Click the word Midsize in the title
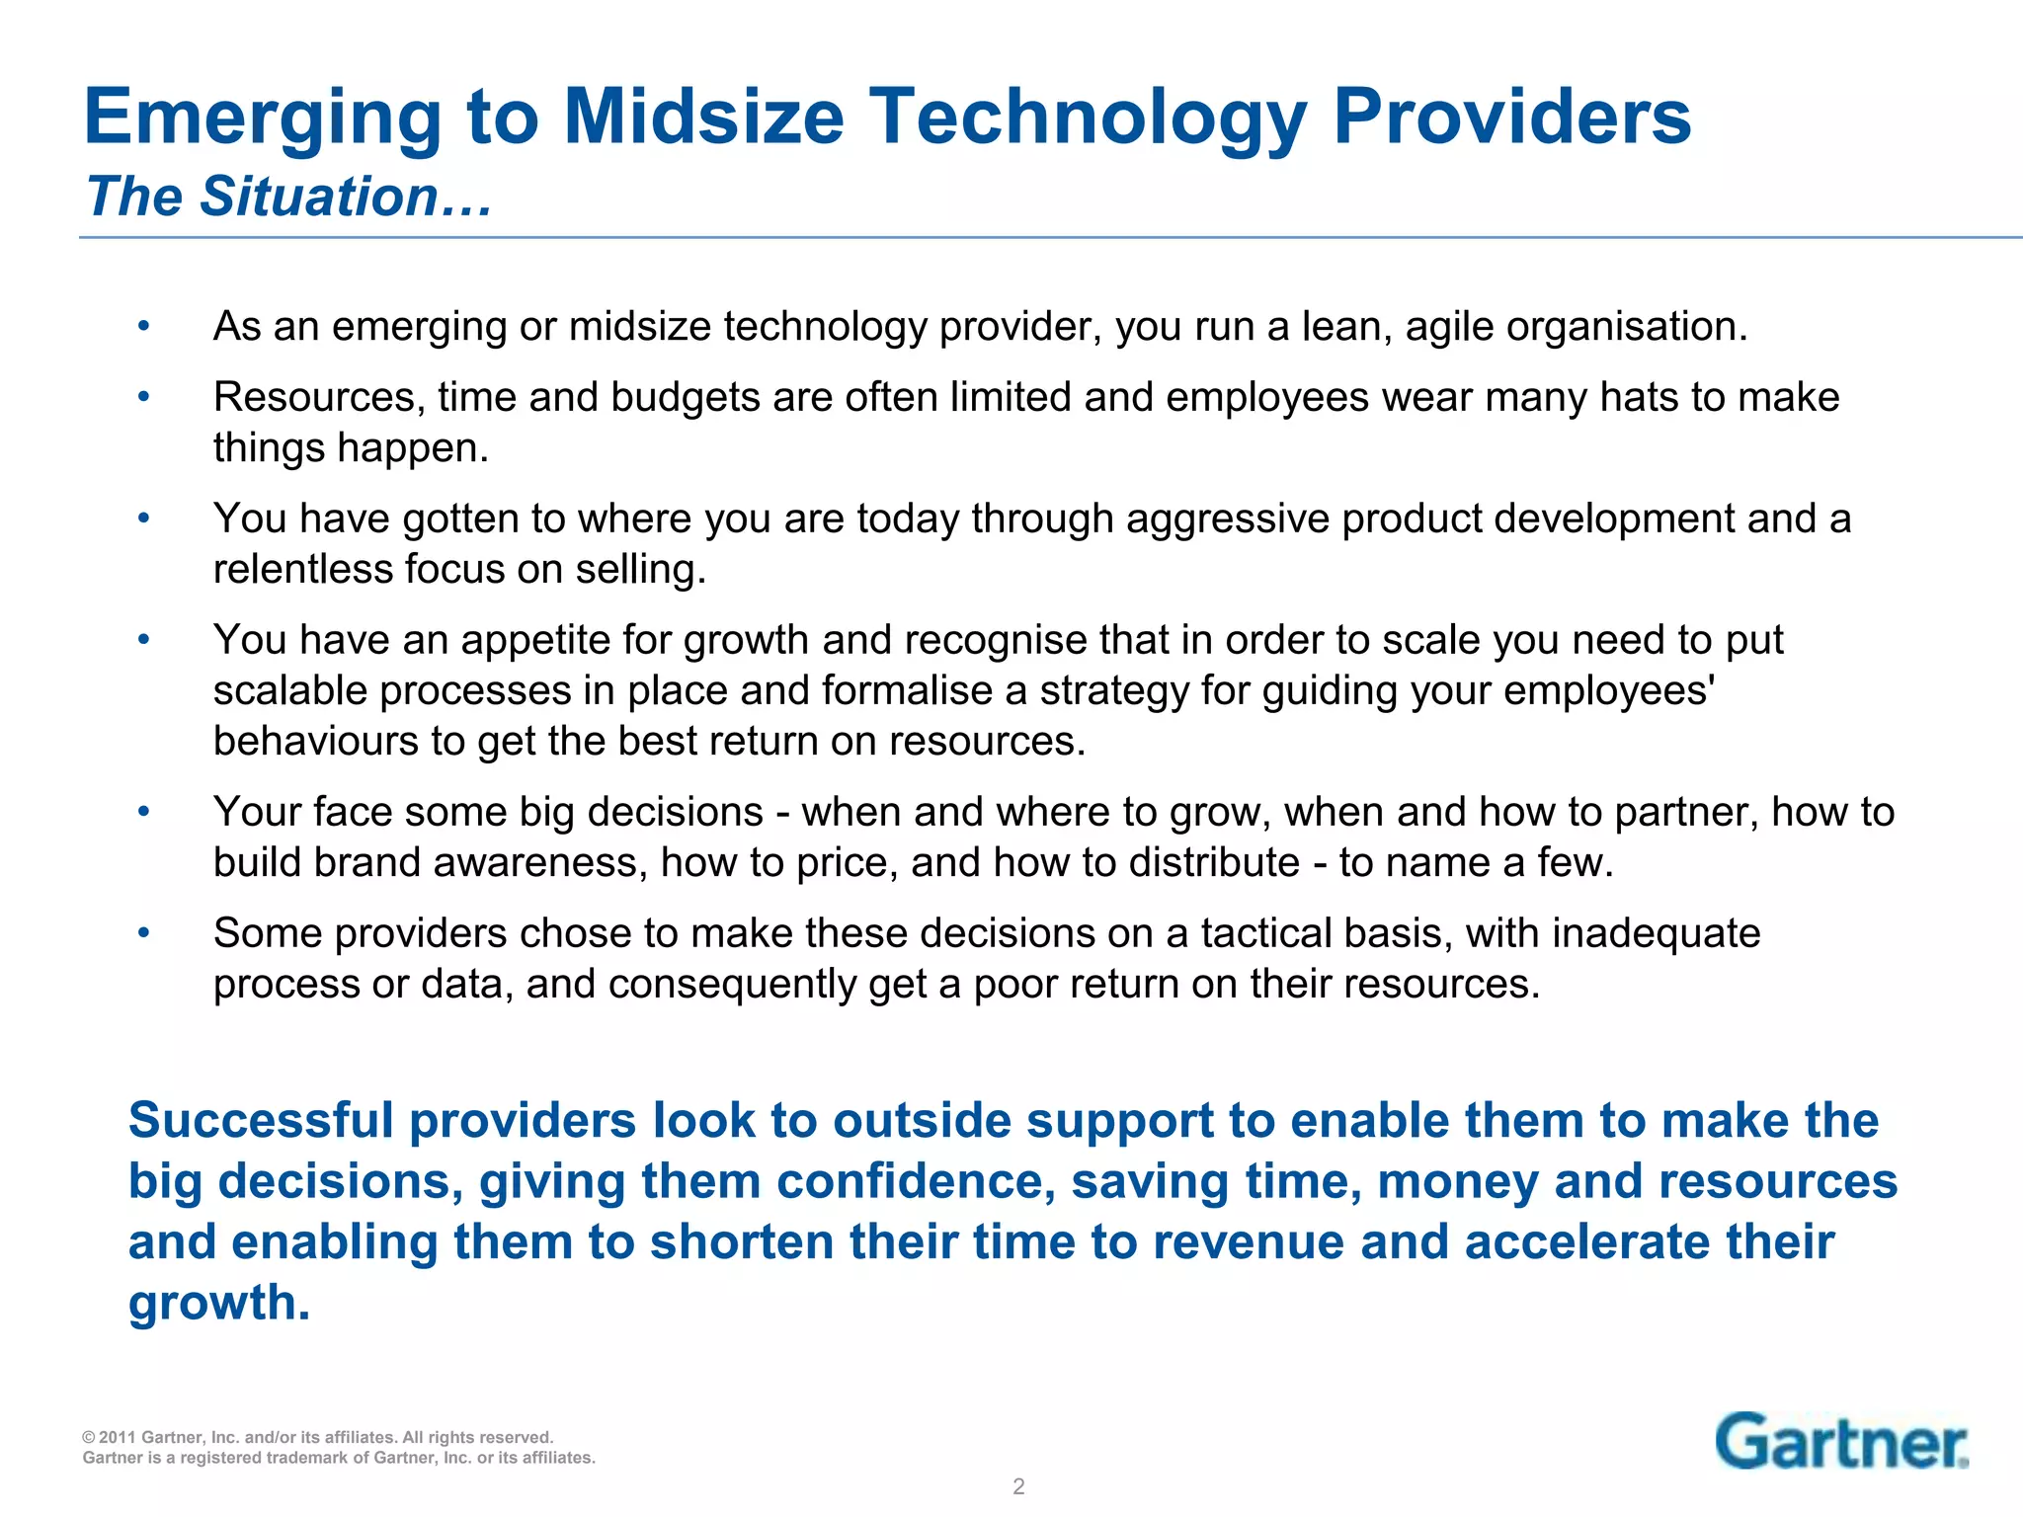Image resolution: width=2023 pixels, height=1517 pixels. (703, 117)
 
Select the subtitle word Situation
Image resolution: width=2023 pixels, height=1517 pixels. (320, 197)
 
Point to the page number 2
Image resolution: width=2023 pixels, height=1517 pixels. (1018, 1486)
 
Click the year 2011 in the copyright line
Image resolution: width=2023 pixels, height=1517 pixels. (119, 1437)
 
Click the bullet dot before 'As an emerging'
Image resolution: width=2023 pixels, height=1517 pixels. (144, 326)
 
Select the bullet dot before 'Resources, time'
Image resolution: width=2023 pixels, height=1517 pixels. (144, 397)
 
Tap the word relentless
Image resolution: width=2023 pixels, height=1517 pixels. (302, 570)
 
